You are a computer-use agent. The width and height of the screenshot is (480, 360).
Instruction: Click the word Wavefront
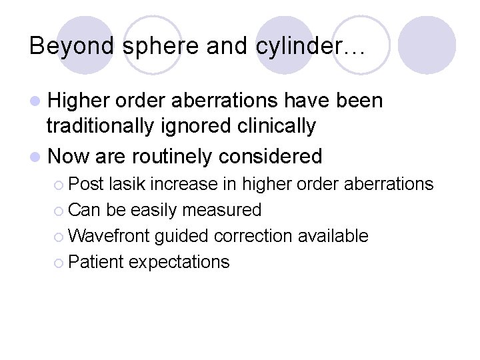tap(108, 236)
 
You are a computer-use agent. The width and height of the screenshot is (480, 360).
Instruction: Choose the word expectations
tap(179, 262)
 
